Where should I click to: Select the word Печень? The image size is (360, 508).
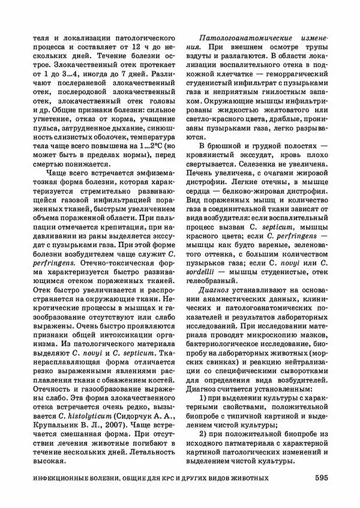(x=199, y=173)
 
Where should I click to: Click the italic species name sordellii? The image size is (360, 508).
(x=205, y=269)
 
